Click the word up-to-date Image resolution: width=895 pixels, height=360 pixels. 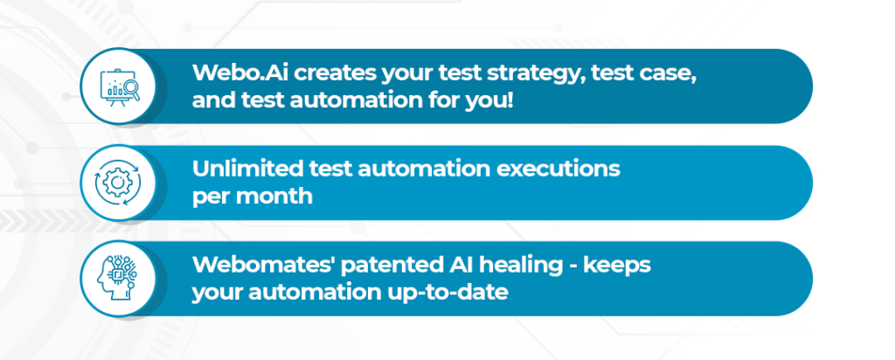[x=445, y=293]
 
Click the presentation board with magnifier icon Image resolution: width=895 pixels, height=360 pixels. [x=120, y=87]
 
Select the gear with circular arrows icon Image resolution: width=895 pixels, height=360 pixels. [x=118, y=183]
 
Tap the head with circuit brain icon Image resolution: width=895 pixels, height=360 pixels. [x=118, y=278]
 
